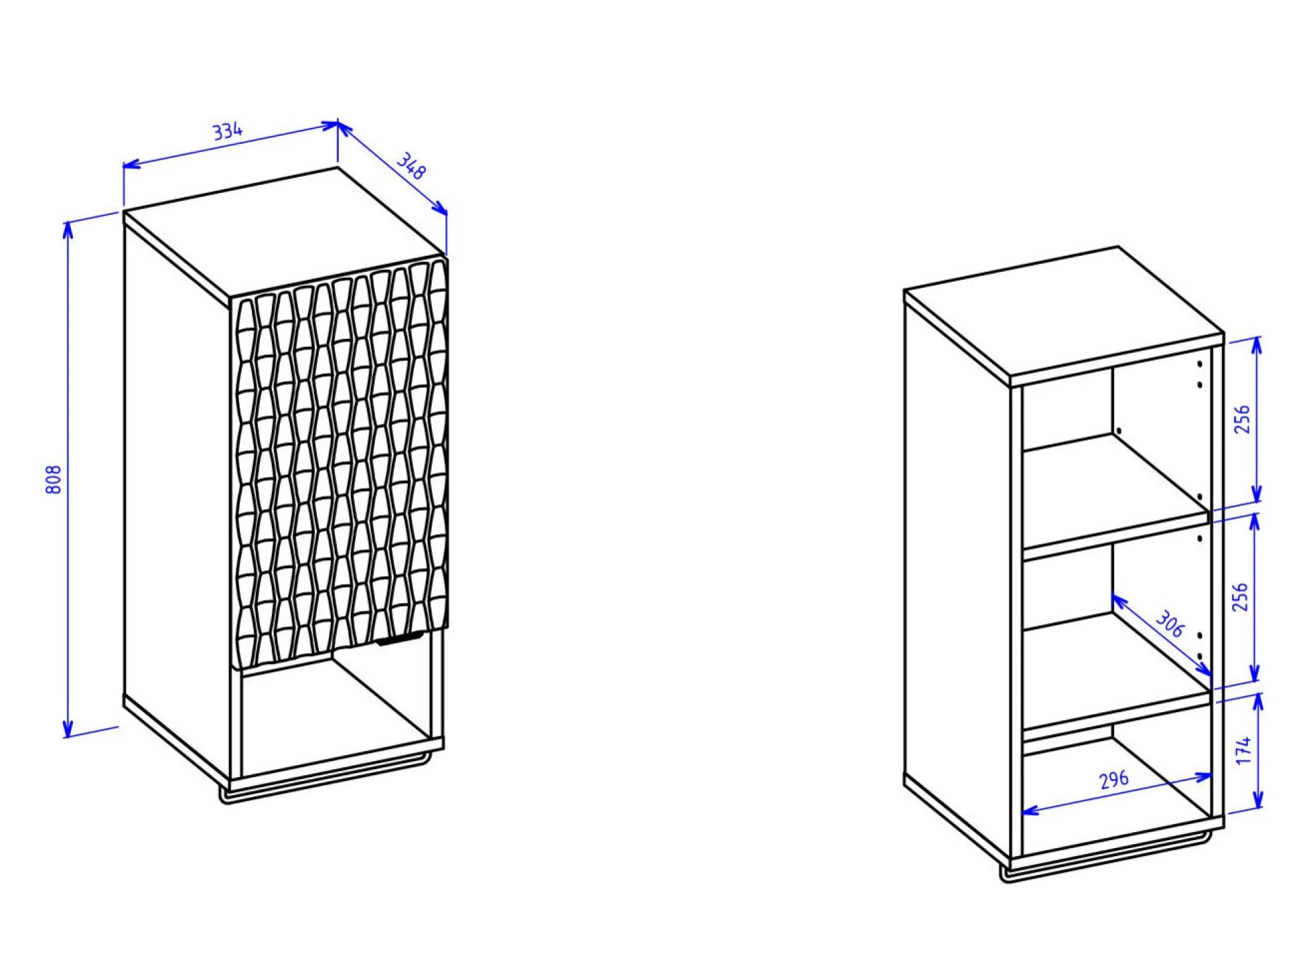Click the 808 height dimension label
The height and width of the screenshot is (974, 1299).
pos(54,479)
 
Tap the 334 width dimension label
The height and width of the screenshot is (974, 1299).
pos(228,131)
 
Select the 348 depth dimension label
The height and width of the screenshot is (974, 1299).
pos(411,166)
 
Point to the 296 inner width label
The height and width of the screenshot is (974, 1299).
pos(1114,779)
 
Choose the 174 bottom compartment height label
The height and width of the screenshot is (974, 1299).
pos(1243,750)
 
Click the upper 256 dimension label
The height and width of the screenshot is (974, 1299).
pos(1242,419)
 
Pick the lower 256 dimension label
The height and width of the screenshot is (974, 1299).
pos(1241,596)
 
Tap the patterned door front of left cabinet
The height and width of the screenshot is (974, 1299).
pos(339,462)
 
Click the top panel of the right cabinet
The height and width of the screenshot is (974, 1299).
pos(1064,313)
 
